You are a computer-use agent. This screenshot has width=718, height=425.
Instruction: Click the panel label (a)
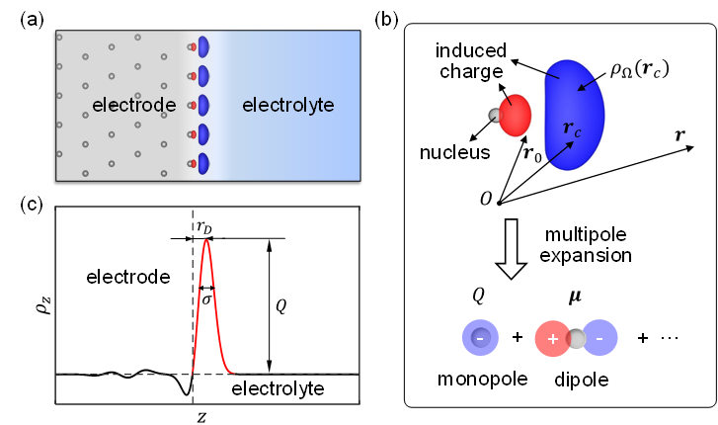31,18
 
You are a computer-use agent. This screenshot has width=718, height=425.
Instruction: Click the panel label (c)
31,206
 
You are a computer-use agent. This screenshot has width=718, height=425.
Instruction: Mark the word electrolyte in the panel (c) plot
278,389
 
